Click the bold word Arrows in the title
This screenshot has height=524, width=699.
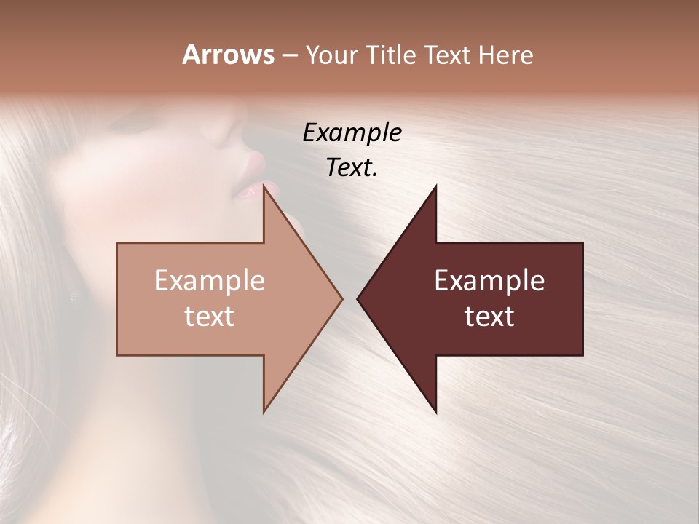point(228,55)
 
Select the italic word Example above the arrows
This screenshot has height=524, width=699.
point(352,133)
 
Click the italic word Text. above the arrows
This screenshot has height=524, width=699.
point(352,168)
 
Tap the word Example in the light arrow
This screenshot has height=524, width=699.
point(209,281)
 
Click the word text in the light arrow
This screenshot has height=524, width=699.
point(209,316)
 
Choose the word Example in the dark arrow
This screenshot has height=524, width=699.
point(489,281)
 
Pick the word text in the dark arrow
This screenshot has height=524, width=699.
point(489,316)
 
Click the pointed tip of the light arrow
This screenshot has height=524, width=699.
point(341,298)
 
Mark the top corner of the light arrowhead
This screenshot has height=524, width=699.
point(264,186)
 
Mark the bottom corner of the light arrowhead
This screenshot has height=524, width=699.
point(264,411)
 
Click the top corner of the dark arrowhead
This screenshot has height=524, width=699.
point(435,186)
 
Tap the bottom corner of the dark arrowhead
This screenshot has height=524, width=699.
point(435,411)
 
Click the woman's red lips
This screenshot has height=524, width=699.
point(250,177)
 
